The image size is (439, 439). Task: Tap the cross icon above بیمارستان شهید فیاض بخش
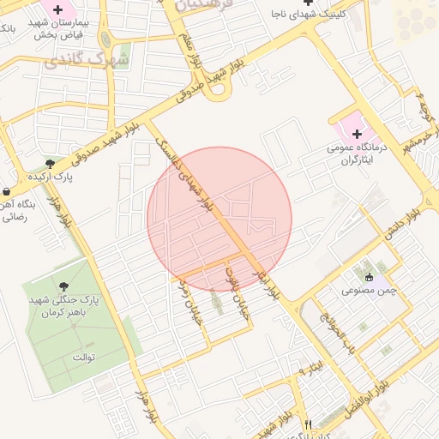pos(58,11)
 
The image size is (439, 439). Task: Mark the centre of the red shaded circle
pos(219,219)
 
